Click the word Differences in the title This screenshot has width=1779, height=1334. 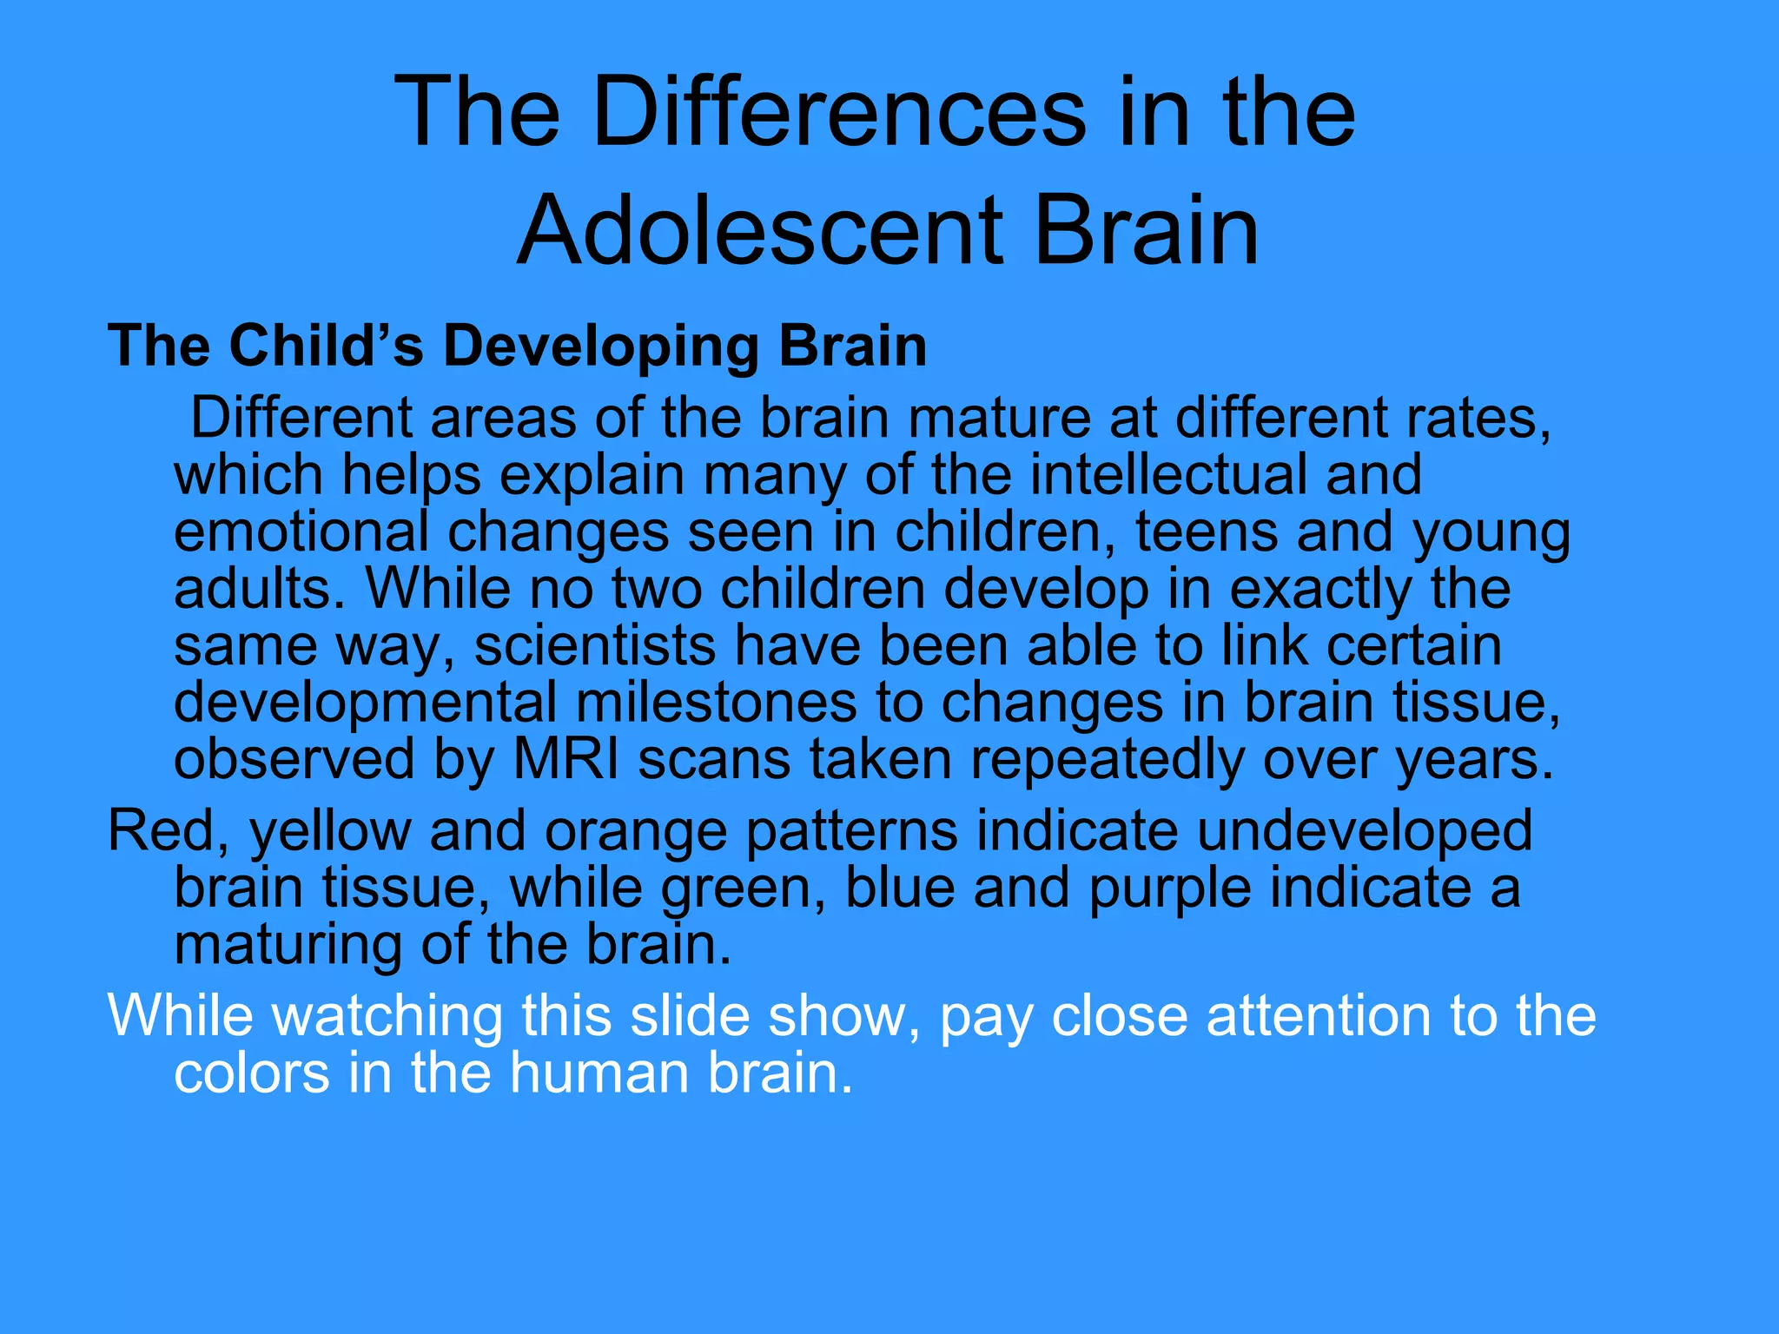point(839,113)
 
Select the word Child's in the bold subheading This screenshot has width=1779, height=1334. point(327,346)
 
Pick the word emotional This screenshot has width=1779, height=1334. point(301,532)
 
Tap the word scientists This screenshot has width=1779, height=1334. point(595,646)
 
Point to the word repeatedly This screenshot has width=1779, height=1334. point(1107,761)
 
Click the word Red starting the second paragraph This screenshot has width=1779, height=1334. point(161,830)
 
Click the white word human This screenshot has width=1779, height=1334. point(599,1073)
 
